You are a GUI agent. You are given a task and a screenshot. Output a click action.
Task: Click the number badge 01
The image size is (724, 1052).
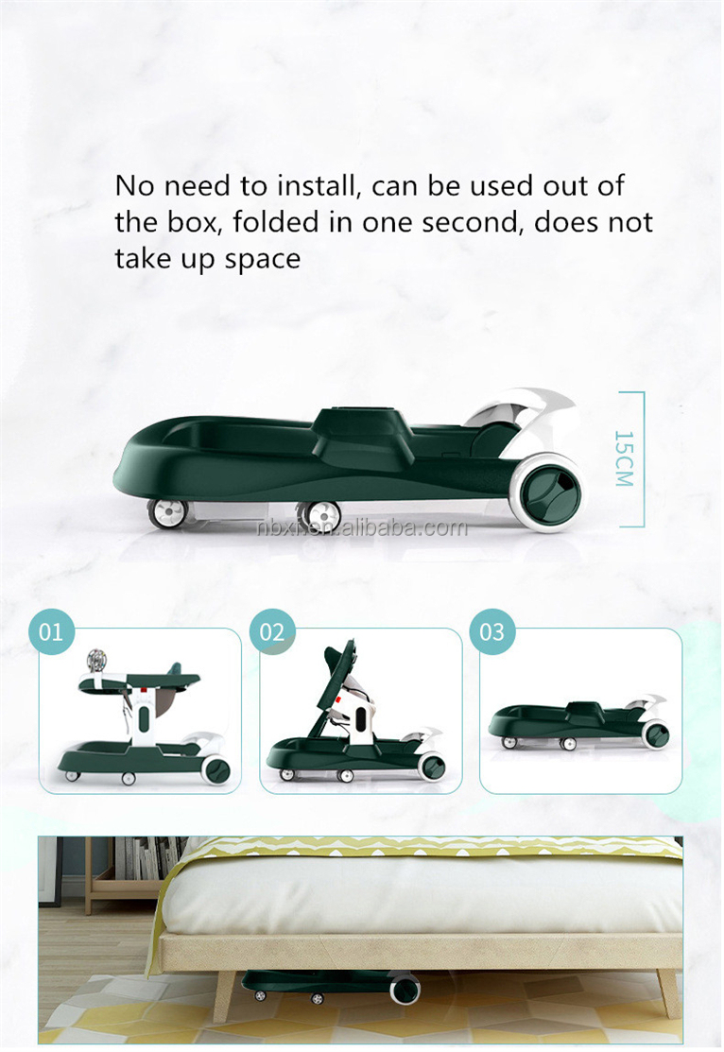coord(52,630)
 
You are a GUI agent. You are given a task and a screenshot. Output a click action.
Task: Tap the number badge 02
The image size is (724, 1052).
coord(272,630)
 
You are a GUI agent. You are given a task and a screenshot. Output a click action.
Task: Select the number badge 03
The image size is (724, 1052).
coord(492,630)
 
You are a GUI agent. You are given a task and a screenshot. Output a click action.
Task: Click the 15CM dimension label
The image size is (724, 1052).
coord(624,458)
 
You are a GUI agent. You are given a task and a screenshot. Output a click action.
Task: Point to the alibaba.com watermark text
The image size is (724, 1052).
coord(363,527)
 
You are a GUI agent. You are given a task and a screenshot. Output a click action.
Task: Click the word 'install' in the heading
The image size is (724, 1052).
coord(313,185)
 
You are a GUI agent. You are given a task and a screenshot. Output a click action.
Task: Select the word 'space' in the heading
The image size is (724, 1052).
coord(262,259)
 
